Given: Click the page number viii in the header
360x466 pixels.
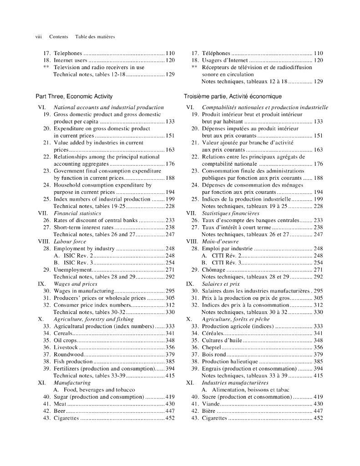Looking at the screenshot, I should point(39,36).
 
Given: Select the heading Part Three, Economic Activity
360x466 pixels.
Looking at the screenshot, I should point(74,96).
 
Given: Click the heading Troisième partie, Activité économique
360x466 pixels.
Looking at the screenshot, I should point(233,96).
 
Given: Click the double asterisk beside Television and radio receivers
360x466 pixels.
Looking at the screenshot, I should point(46,67).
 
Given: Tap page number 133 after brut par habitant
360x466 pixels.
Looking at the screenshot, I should point(318,122).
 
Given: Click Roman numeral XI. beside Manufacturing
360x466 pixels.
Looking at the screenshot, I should point(42,383).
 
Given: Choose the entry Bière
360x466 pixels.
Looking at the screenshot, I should point(208,411).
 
